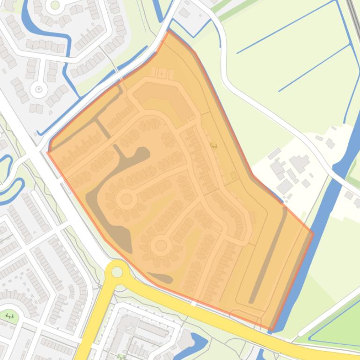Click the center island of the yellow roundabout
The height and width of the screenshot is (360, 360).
click(117, 272)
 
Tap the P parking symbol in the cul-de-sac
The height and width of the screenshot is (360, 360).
click(39, 89)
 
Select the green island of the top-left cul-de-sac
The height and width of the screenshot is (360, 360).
click(55, 5)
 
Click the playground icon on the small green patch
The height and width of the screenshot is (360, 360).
click(9, 316)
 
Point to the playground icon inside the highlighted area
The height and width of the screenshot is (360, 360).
click(214, 146)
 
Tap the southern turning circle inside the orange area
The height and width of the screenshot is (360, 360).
click(161, 245)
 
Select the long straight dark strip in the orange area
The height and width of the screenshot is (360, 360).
click(268, 255)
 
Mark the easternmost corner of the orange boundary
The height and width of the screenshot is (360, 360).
click(313, 233)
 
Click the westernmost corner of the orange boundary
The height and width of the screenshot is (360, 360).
click(48, 152)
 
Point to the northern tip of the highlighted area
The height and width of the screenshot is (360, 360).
click(169, 31)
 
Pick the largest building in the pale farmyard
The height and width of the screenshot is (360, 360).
click(299, 164)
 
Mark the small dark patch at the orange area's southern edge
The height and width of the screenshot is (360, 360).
click(162, 279)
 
